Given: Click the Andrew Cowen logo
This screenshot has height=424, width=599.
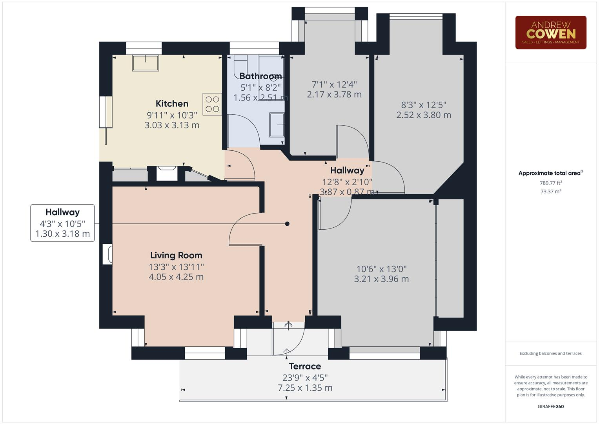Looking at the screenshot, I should click(550, 32).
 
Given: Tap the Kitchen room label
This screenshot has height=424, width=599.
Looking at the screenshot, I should click(172, 104).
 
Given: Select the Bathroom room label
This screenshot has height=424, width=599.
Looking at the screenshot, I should click(260, 76).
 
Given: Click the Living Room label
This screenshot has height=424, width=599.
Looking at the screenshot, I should click(176, 255).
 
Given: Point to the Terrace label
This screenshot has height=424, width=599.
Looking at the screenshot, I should click(305, 366).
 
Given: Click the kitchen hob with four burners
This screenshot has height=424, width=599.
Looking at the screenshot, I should click(212, 104).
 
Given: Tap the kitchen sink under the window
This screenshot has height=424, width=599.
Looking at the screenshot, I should click(146, 63).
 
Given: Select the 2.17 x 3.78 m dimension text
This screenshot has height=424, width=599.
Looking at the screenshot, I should click(334, 94).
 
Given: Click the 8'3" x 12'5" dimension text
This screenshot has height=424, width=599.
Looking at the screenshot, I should click(424, 105).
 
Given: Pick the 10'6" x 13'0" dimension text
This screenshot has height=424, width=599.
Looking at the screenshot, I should click(381, 269).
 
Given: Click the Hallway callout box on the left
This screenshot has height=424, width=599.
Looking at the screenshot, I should click(62, 223).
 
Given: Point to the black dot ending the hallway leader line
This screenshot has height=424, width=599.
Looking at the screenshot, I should click(287, 224).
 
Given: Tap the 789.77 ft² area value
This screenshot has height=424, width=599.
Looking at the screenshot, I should click(551, 183).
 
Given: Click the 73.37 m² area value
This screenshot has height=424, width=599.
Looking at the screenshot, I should click(551, 192).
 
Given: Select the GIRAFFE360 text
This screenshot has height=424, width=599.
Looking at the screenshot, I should click(550, 406).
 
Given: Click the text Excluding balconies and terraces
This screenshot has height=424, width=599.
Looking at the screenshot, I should click(550, 353).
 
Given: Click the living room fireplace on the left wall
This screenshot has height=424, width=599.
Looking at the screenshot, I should click(107, 254).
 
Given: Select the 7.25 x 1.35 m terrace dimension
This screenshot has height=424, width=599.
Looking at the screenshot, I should click(305, 388).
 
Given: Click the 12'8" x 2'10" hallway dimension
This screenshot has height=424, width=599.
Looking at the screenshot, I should click(347, 182).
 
